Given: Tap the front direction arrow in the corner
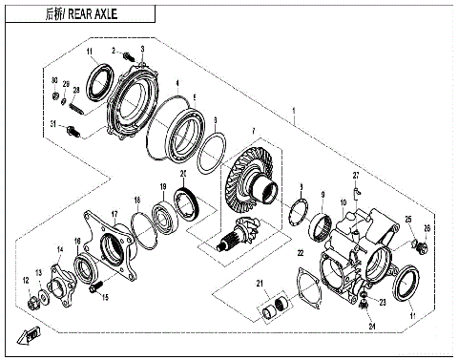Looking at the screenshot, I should coord(28,334).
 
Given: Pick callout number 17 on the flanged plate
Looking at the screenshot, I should coord(114,215).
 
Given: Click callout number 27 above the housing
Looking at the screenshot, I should coord(355,177).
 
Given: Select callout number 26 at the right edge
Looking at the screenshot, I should coord(427,228).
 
